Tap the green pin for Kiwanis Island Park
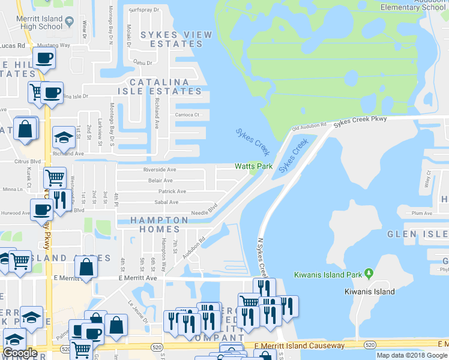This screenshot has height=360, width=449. pos(368,275)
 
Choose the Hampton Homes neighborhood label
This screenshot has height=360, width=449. pos(155,224)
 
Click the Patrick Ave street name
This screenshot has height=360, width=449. pos(172,191)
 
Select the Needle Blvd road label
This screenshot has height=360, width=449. pos(204,212)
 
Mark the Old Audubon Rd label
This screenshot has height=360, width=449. pos(309,126)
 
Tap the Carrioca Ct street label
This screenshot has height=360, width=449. pos(187,115)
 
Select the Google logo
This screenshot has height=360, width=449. pos(20,353)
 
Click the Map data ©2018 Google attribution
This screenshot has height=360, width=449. pos(412,355)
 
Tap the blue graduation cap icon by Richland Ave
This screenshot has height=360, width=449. pos(63,138)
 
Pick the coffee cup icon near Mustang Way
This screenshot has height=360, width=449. pos(44,58)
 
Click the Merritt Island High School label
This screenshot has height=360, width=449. pos(40,23)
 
